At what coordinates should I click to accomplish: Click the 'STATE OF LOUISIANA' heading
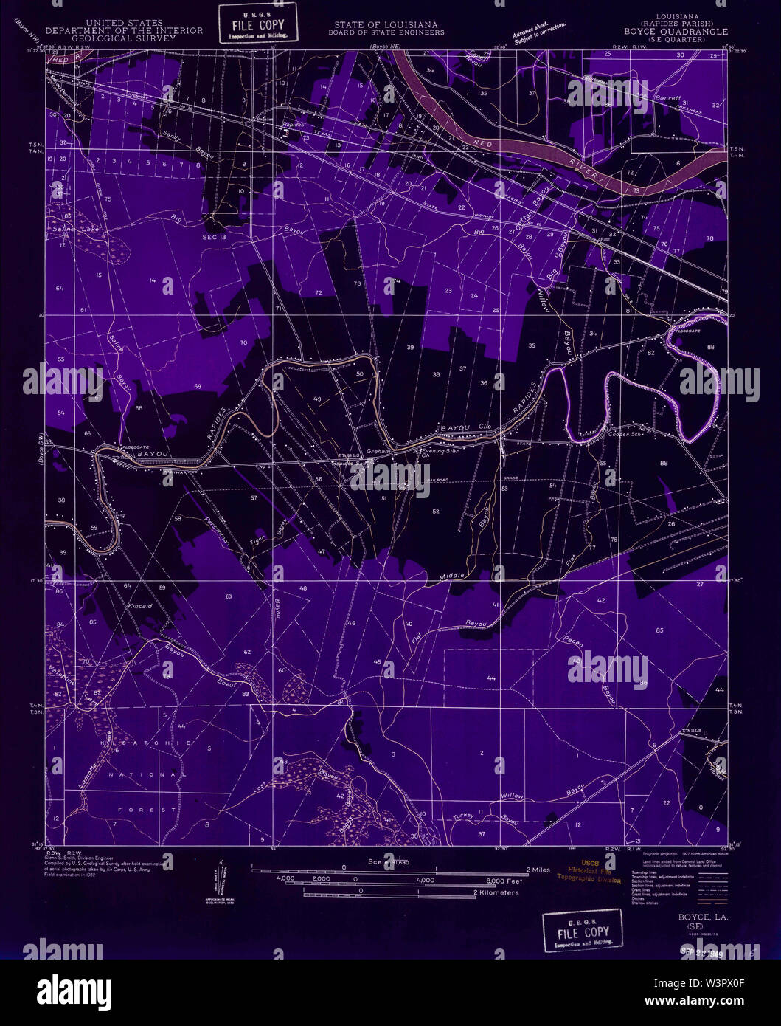tap(387, 24)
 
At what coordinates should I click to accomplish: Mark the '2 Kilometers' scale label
tap(496, 892)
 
